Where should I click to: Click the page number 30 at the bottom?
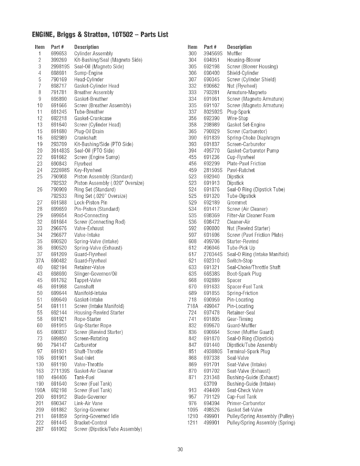[x=180, y=449]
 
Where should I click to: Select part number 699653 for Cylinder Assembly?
[x=59, y=54]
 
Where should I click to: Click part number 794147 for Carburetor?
[x=59, y=345]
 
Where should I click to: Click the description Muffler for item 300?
[x=235, y=54]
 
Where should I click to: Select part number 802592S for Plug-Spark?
[x=213, y=112]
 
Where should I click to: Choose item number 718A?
[x=192, y=306]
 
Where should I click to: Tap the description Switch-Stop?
[x=240, y=261]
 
